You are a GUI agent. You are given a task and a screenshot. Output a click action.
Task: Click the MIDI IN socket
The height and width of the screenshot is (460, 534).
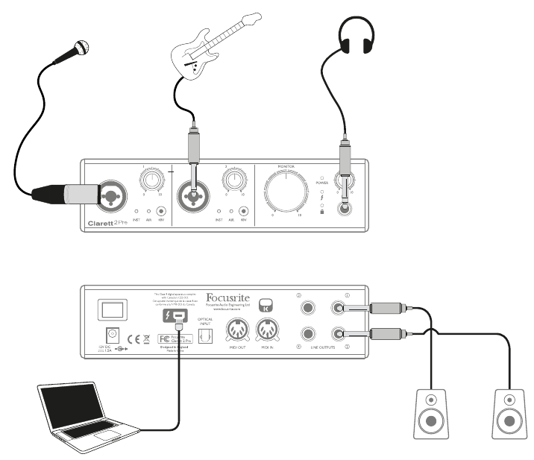[268, 328]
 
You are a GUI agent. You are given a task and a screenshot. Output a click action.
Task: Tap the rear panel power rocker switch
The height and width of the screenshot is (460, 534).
[104, 309]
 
